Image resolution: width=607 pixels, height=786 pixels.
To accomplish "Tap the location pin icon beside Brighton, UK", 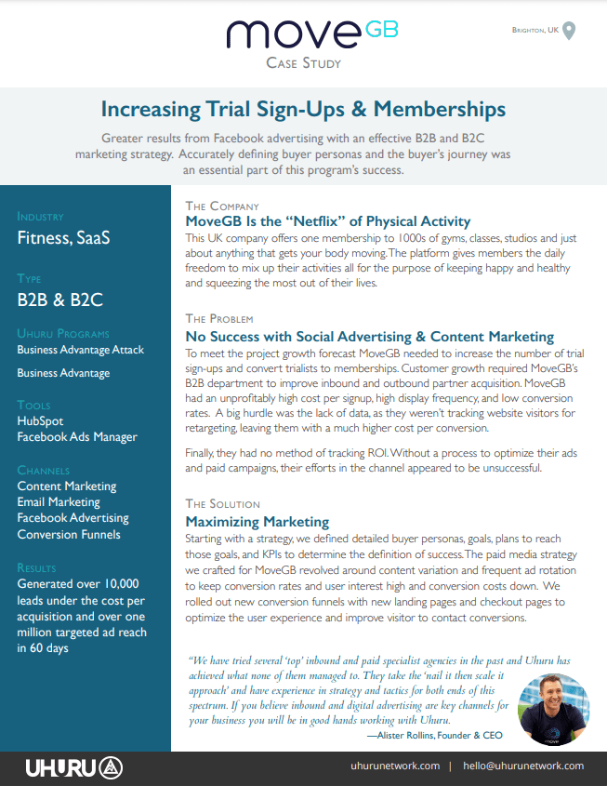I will (570, 31).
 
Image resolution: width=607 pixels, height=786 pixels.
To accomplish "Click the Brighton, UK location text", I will (534, 31).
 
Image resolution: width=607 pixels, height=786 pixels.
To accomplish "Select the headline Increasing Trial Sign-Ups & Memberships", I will (303, 110).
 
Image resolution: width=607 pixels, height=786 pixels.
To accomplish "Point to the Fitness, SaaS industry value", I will (63, 237).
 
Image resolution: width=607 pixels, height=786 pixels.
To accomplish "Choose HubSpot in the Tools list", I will (41, 421).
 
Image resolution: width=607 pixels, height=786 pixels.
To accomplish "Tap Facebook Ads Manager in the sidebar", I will (77, 437).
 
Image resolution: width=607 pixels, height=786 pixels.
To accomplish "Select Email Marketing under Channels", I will (59, 502).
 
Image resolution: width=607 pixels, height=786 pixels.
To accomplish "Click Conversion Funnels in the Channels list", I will (69, 534).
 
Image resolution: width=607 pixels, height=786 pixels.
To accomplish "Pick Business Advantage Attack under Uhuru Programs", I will (81, 350).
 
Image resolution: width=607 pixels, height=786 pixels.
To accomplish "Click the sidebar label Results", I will (36, 566).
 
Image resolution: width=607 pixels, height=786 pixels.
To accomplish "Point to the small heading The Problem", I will (219, 319).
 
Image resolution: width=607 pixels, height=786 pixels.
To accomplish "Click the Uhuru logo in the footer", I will (74, 767).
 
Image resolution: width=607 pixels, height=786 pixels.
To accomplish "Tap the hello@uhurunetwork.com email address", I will (525, 766).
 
